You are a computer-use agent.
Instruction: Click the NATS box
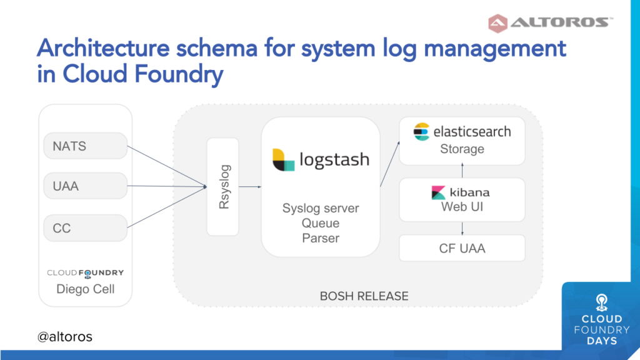[x=85, y=146]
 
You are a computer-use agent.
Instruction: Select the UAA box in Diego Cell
[x=85, y=186]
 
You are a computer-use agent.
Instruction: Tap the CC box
[x=85, y=227]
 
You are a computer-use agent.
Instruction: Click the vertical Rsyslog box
[x=223, y=186]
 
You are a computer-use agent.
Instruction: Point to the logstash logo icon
[x=284, y=159]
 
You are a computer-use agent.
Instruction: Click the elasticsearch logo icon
[x=421, y=132]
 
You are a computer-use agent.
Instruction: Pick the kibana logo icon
[x=438, y=192]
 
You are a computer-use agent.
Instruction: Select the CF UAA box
[x=462, y=248]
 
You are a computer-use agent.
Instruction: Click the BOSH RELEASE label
[x=364, y=296]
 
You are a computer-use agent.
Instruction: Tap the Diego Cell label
[x=85, y=289]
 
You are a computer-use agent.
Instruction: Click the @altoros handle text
[x=64, y=337]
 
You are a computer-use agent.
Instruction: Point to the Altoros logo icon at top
[x=498, y=23]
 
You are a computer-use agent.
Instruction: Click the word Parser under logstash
[x=321, y=238]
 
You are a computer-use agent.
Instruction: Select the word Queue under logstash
[x=321, y=223]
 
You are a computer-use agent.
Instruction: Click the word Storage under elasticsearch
[x=462, y=149]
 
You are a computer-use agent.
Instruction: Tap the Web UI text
[x=462, y=207]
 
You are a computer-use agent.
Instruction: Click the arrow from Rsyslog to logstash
[x=250, y=186]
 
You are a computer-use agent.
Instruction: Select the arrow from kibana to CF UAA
[x=462, y=229]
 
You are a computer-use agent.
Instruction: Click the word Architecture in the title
[x=103, y=48]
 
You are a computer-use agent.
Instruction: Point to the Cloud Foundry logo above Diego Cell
[x=85, y=273]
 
